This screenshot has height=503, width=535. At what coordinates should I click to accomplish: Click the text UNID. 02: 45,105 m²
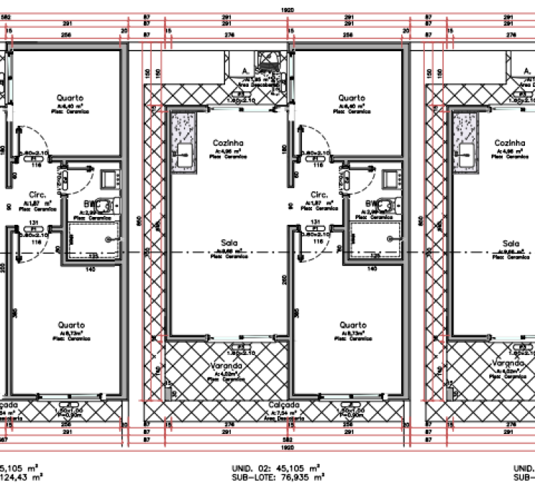276,467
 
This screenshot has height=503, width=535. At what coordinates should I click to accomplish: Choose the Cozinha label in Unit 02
228,143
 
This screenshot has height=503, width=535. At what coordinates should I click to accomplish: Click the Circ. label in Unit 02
318,194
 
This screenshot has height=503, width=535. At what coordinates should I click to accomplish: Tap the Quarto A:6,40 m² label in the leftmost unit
71,97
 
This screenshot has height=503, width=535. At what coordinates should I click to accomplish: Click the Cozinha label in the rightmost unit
509,143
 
